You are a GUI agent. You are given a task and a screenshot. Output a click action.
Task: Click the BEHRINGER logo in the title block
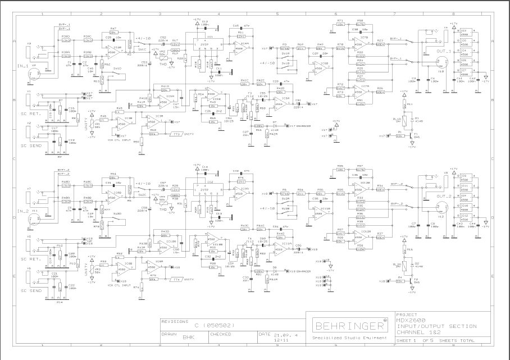tap(347, 326)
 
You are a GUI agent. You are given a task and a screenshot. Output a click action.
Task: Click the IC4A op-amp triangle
tap(240, 48)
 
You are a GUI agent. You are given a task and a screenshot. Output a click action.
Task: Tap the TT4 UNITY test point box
tap(176, 279)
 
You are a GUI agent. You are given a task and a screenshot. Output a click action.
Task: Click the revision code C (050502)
tap(213, 325)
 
